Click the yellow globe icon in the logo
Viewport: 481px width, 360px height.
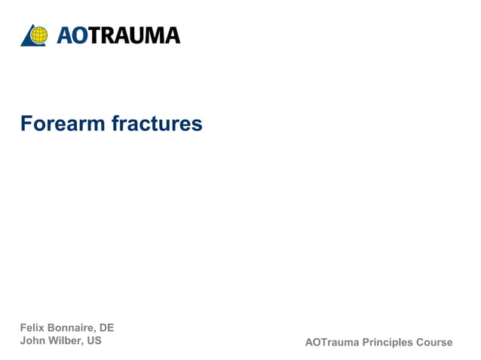coord(39,35)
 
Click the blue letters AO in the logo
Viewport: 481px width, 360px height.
coord(71,35)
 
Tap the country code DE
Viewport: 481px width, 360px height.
coord(107,328)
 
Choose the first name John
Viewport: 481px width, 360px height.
coord(32,340)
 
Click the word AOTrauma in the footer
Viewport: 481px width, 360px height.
coord(332,343)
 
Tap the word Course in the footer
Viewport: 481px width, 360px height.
coord(434,343)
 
